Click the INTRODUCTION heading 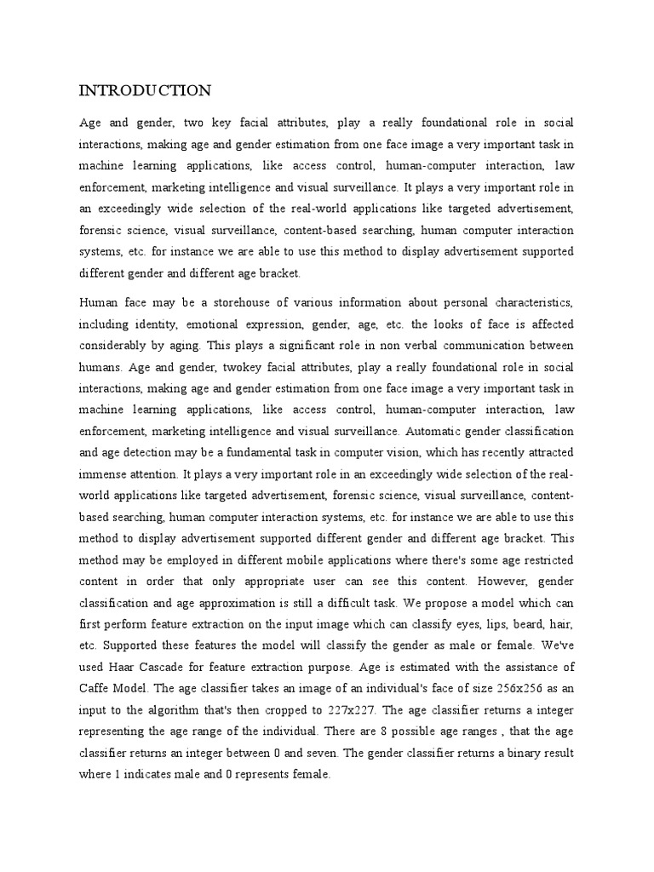pos(145,90)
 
